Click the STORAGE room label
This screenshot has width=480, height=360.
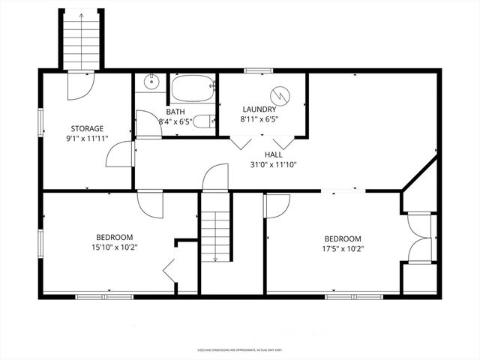pos(87,128)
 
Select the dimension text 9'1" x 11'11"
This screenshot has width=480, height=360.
pos(87,138)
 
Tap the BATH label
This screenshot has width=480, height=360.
pos(175,112)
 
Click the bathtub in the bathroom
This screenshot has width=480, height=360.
pos(192,91)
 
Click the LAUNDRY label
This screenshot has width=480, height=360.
pos(259,109)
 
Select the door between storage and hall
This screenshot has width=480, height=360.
pos(120,155)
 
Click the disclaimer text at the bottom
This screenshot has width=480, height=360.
pos(239,349)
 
